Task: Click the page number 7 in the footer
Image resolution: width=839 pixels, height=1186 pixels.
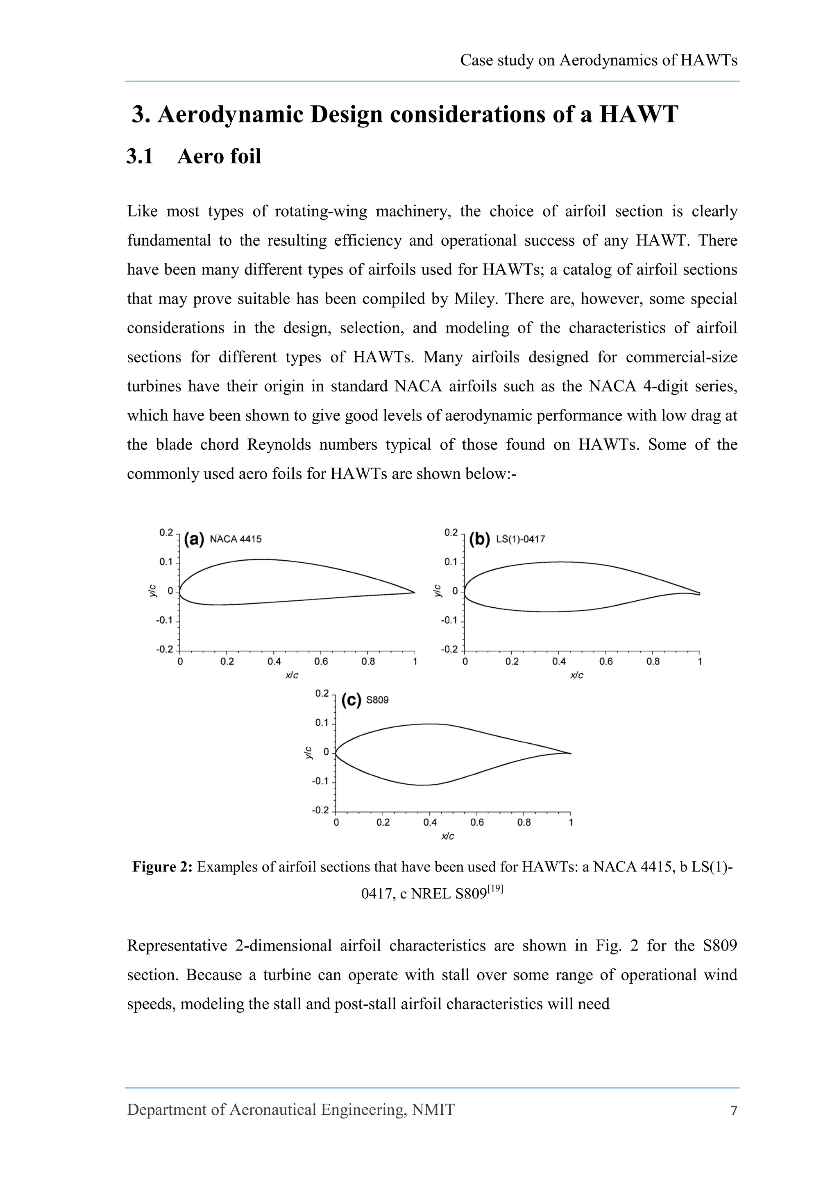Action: click(x=734, y=1111)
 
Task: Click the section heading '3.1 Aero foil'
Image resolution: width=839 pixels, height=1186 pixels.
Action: click(x=194, y=156)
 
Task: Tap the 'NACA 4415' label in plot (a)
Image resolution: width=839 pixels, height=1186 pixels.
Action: click(x=236, y=539)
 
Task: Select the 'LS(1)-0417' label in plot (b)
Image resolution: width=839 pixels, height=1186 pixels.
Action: click(x=520, y=539)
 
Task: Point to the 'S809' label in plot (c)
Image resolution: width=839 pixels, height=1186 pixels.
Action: click(x=377, y=700)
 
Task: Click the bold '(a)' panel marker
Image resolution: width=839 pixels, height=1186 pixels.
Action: click(x=194, y=539)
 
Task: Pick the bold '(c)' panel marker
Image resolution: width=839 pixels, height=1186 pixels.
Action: click(x=351, y=700)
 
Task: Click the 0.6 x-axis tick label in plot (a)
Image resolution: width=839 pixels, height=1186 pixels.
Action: click(x=321, y=662)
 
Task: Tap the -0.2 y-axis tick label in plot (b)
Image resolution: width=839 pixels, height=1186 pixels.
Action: click(x=449, y=649)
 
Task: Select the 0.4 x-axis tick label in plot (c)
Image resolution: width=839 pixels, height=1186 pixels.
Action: click(x=430, y=822)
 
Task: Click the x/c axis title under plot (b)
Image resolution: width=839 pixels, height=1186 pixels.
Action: click(x=576, y=676)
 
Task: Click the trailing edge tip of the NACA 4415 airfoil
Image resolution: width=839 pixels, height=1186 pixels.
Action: click(x=414, y=593)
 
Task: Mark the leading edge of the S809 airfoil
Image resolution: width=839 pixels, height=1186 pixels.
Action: click(x=336, y=753)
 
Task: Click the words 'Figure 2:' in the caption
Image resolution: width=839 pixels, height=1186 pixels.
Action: click(x=162, y=867)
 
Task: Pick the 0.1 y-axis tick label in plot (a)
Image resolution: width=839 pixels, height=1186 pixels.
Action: click(x=166, y=562)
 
